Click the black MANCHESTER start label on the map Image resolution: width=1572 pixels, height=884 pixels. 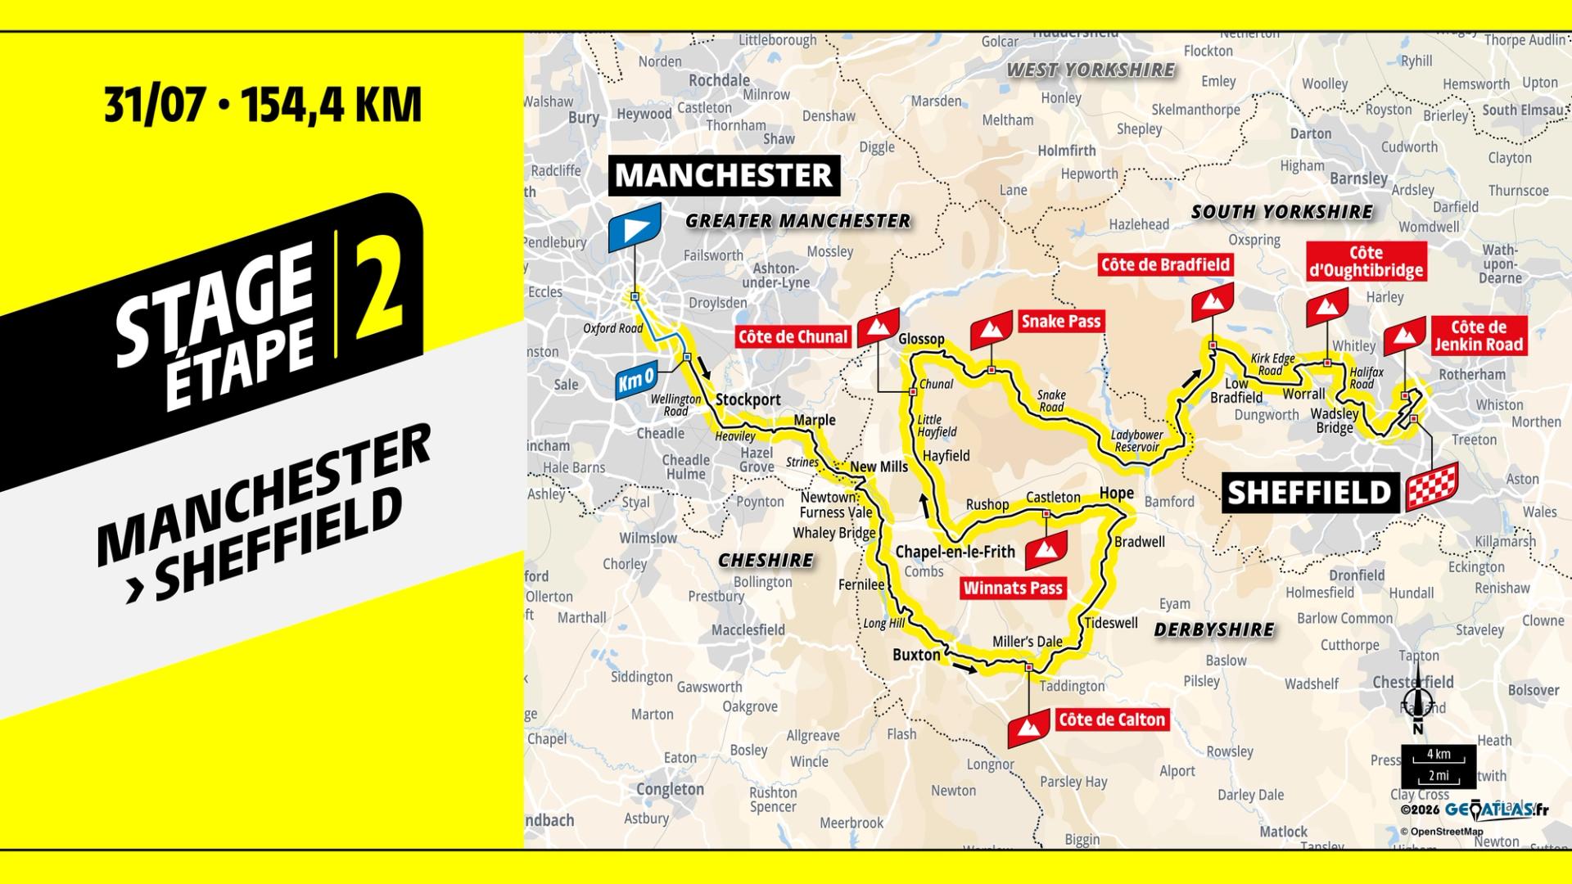tap(724, 175)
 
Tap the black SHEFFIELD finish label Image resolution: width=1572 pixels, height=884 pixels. tap(1309, 494)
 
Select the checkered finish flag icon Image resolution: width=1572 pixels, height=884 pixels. tap(1432, 486)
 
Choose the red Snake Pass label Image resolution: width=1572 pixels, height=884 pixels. tap(1060, 322)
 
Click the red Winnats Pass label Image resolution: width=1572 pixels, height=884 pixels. tap(1013, 588)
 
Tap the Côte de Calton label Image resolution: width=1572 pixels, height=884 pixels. tap(1111, 719)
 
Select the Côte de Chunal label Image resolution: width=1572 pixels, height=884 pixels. tap(793, 336)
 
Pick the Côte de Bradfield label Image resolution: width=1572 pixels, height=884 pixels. tap(1165, 264)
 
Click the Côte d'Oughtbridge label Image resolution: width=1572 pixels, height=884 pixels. tap(1366, 262)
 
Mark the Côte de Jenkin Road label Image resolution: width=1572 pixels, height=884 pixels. tap(1478, 336)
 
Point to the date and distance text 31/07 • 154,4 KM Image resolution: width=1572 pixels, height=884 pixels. tap(263, 106)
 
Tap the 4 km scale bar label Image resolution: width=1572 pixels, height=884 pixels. tap(1439, 754)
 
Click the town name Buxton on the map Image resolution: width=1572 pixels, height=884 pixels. tap(916, 655)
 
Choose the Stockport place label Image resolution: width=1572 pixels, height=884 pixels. tap(748, 400)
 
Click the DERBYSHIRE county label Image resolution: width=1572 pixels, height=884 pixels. tap(1213, 629)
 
